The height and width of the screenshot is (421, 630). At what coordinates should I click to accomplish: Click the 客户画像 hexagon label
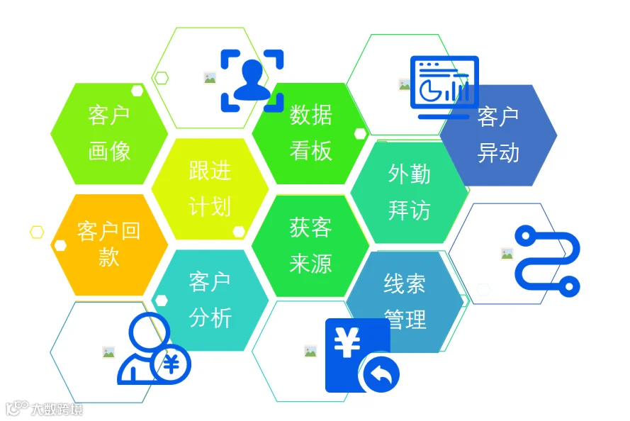tap(109, 133)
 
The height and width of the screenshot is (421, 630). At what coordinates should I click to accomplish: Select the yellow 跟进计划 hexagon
tap(210, 189)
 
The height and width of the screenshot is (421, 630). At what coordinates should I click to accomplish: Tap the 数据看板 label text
tap(311, 133)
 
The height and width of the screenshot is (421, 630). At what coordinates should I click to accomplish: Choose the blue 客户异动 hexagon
tap(499, 135)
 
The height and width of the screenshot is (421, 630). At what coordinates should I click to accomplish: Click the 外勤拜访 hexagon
tap(410, 192)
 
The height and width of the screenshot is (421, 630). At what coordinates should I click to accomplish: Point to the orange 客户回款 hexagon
tap(109, 245)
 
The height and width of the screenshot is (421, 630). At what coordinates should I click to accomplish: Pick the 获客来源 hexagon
tap(310, 245)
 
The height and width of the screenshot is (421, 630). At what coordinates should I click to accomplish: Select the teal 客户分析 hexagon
tap(210, 300)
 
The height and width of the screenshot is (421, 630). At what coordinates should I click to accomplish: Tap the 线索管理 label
tap(405, 301)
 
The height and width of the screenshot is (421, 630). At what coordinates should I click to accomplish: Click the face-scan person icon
tap(252, 80)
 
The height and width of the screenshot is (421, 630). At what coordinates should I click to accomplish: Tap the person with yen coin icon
tap(154, 348)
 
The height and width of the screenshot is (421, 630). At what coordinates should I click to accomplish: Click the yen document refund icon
tap(362, 356)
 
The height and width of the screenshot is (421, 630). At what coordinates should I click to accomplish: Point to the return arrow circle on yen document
tap(381, 374)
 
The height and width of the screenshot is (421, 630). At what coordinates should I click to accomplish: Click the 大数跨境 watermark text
tap(57, 409)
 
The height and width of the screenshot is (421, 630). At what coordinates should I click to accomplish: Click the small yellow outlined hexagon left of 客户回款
tap(37, 232)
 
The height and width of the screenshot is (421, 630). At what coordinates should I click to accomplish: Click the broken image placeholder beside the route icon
tap(507, 254)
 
